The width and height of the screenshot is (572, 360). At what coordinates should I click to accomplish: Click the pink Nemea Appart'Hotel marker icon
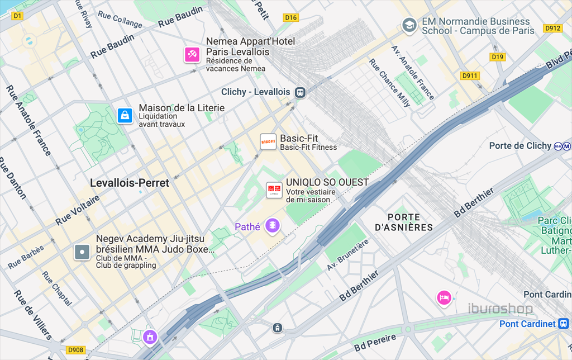[192, 54]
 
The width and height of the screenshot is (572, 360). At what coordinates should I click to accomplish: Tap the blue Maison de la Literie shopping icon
[125, 116]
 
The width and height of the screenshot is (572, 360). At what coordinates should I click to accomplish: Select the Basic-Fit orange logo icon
[269, 142]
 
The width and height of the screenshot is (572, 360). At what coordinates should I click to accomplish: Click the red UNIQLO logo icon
[274, 190]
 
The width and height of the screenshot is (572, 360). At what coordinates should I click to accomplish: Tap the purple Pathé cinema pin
[273, 226]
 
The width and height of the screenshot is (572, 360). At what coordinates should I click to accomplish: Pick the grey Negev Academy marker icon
[82, 252]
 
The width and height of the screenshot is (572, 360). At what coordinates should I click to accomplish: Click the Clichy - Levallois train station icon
[301, 92]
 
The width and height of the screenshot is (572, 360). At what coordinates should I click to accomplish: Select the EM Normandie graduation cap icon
[409, 25]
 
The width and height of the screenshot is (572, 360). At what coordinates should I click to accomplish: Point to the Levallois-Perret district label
[130, 183]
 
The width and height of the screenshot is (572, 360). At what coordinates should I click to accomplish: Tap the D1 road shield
[17, 16]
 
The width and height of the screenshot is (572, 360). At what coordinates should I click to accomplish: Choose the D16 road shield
[291, 18]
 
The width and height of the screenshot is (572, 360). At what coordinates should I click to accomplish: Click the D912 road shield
[552, 28]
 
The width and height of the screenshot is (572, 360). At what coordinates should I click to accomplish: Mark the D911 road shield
[470, 75]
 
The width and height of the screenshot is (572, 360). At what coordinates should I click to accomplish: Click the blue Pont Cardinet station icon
[564, 324]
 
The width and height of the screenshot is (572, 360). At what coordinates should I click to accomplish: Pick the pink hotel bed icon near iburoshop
[444, 297]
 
